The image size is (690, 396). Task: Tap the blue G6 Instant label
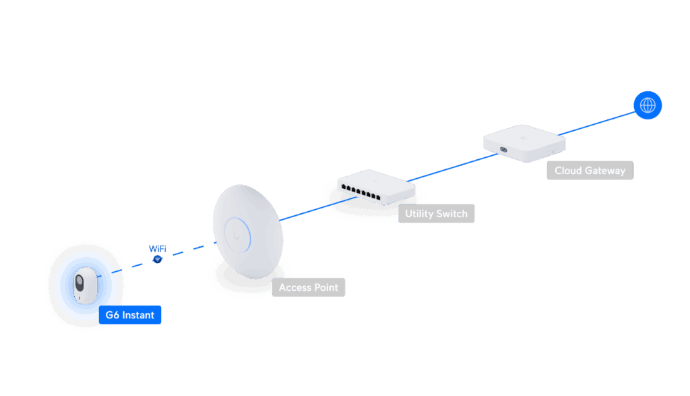130,315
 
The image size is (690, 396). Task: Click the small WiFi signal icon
157,259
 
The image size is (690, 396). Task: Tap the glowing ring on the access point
237,233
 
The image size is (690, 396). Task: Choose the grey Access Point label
309,287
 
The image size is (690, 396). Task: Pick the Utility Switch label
436,214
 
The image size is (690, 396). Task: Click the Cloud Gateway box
524,140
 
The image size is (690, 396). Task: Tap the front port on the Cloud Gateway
503,149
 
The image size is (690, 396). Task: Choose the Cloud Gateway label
590,171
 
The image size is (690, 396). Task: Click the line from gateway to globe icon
600,121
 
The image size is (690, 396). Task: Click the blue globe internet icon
648,105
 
